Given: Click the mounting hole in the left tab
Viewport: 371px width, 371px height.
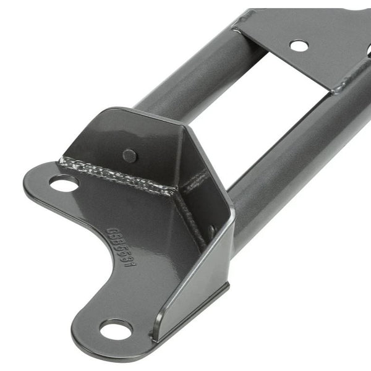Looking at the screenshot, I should [64, 184].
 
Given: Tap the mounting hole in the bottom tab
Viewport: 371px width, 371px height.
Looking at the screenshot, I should [116, 329].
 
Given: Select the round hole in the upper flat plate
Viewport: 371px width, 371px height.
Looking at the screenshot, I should [298, 45].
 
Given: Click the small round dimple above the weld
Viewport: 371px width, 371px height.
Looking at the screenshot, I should [129, 156].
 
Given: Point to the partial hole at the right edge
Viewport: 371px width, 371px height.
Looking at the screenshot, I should [367, 52].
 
